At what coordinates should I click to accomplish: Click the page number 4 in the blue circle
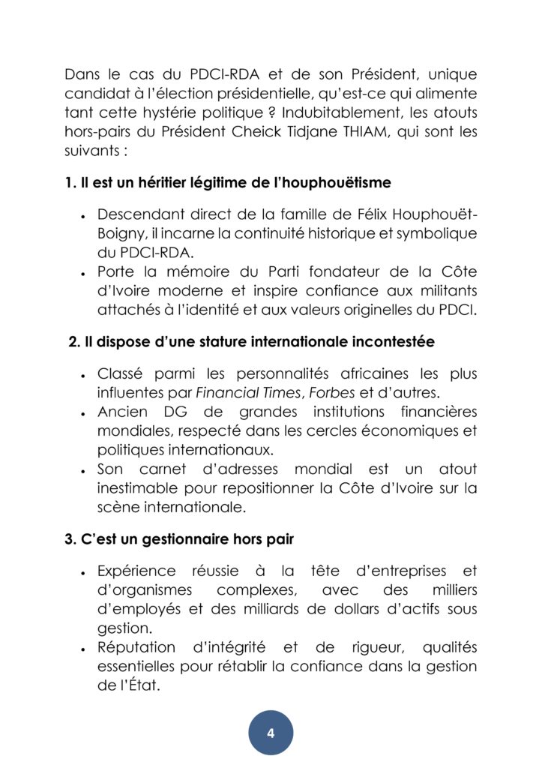(271, 733)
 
